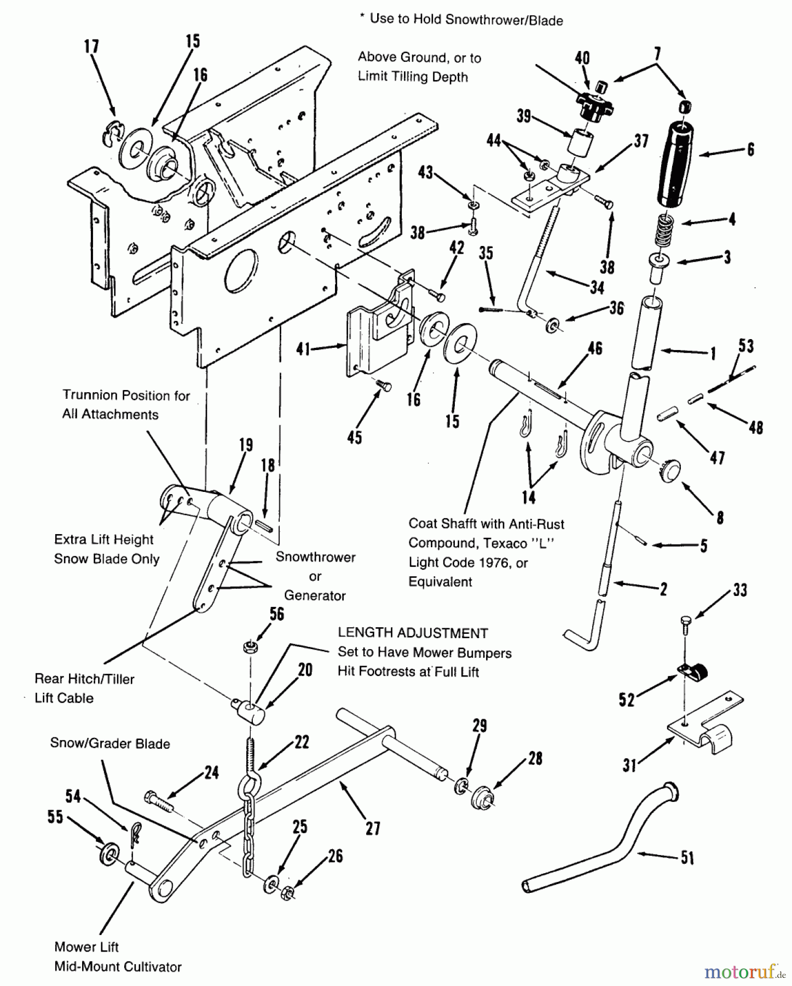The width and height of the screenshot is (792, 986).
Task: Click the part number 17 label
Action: tap(91, 47)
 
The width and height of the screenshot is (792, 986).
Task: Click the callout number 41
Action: tap(304, 348)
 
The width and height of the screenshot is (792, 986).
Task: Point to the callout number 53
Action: tap(745, 346)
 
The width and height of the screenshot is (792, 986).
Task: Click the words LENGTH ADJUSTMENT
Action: tap(413, 633)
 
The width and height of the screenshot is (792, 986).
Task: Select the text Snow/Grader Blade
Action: tap(110, 743)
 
